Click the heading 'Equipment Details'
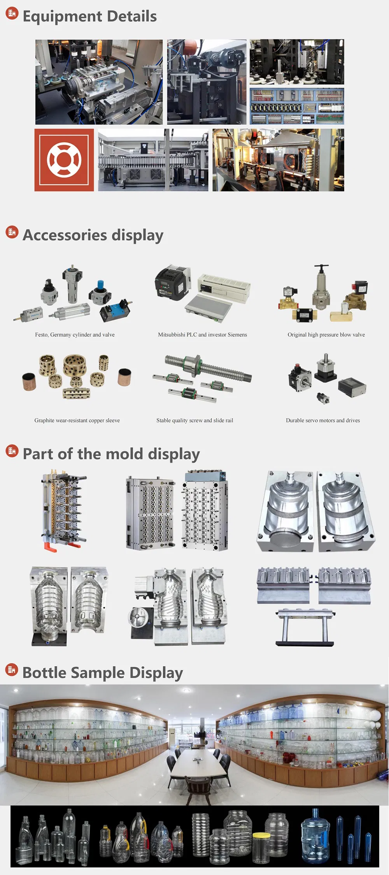(90, 16)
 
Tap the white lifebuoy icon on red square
(64, 160)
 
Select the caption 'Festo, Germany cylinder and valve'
(75, 335)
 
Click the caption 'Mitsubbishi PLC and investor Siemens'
(202, 335)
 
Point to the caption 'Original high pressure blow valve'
(326, 335)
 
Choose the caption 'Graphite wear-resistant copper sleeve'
(77, 420)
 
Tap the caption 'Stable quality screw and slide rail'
(195, 420)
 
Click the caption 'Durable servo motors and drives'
(323, 420)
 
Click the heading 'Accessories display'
(93, 235)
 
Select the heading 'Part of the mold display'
(111, 454)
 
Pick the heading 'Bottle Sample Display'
(103, 673)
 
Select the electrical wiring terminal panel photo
(297, 106)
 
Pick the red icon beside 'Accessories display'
(12, 232)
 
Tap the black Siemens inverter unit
(173, 282)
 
